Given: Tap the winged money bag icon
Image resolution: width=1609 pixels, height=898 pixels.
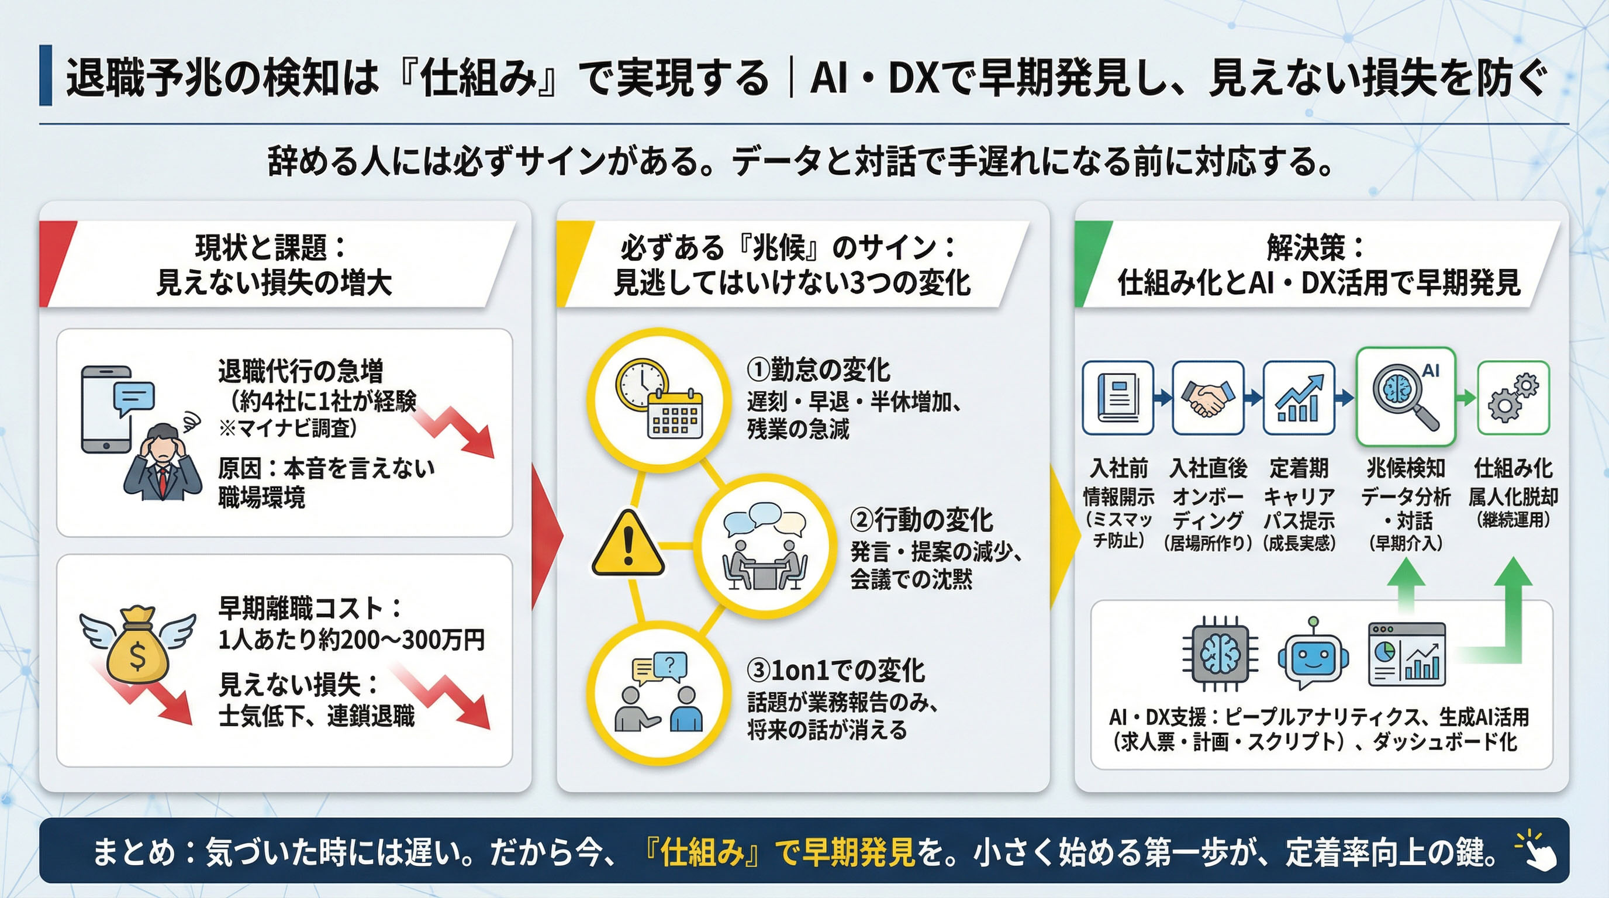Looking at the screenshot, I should pyautogui.click(x=137, y=644).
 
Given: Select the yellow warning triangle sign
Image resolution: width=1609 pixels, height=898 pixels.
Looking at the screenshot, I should pyautogui.click(x=628, y=544).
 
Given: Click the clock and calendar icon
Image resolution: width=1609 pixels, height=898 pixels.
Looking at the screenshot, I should pyautogui.click(x=659, y=400).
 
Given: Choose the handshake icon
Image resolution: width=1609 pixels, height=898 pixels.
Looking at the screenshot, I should pyautogui.click(x=1207, y=398).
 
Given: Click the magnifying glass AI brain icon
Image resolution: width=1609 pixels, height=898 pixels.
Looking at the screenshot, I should pyautogui.click(x=1406, y=397).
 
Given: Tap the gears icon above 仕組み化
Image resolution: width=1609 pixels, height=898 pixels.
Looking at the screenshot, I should pyautogui.click(x=1513, y=398).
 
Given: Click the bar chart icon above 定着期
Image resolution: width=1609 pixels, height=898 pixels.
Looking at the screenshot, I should pyautogui.click(x=1299, y=398).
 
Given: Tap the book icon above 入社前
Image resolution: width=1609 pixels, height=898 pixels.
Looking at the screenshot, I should pyautogui.click(x=1117, y=398).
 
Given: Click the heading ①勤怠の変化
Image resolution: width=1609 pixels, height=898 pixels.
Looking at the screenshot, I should pyautogui.click(x=819, y=369).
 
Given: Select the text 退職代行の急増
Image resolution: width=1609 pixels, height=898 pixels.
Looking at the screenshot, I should pyautogui.click(x=301, y=371).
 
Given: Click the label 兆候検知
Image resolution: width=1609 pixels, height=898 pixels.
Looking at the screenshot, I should pyautogui.click(x=1406, y=468).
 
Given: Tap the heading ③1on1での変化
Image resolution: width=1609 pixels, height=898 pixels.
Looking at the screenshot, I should pyautogui.click(x=835, y=670).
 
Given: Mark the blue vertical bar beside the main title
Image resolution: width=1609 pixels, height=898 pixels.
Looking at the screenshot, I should pyautogui.click(x=46, y=75).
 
